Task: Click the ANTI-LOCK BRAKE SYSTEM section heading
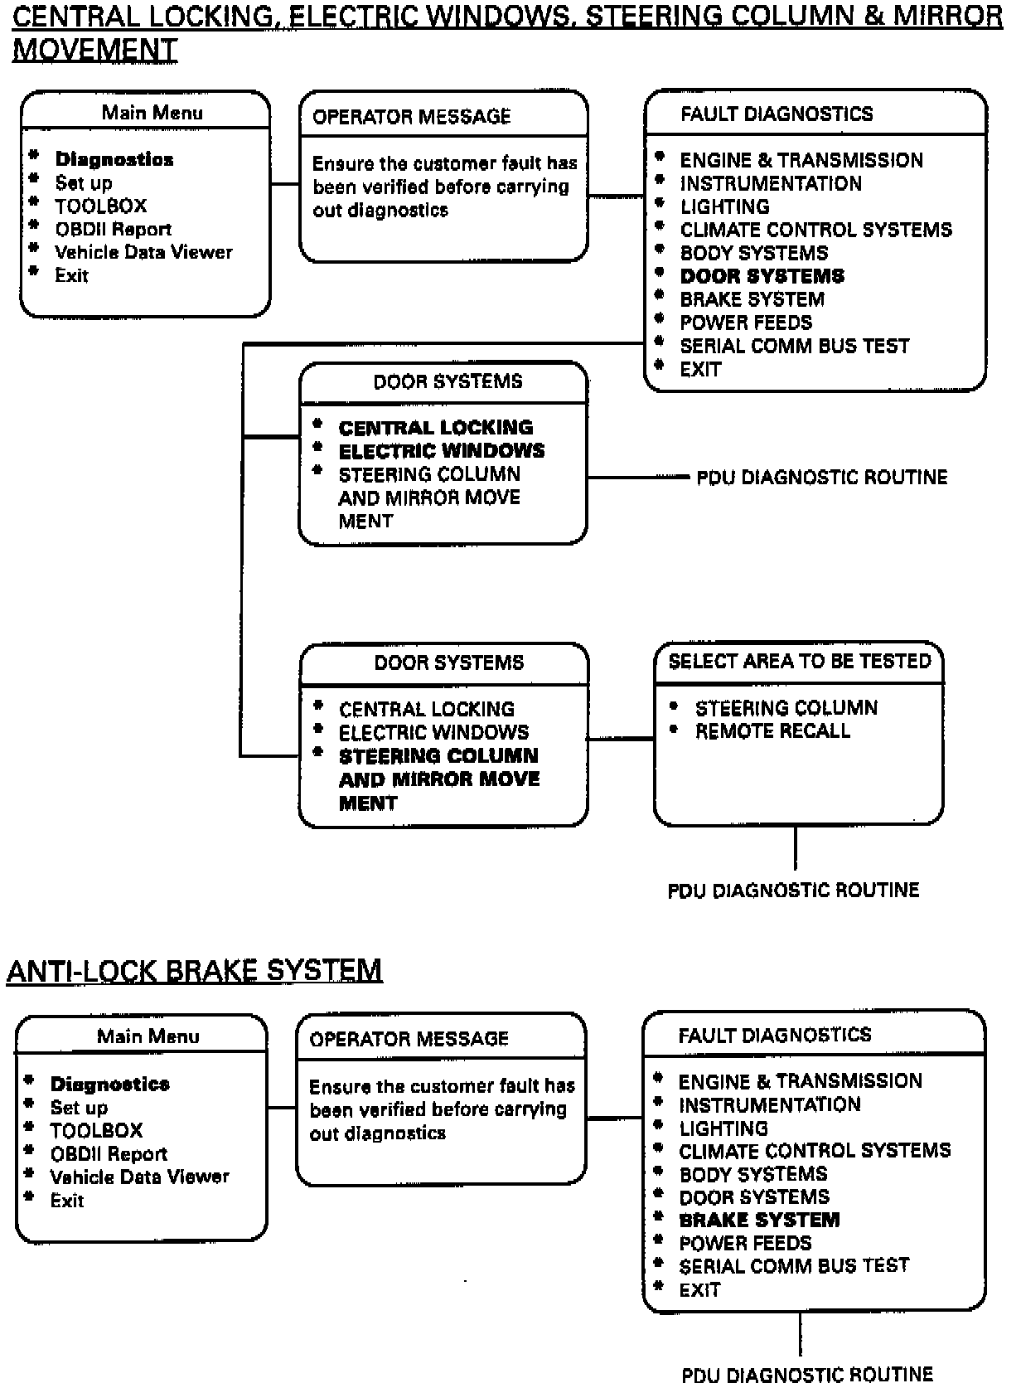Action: [194, 970]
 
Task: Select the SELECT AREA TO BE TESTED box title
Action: [800, 662]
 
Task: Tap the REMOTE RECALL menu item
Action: [772, 731]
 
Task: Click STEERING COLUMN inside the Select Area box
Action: [786, 708]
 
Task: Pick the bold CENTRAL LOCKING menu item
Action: [436, 428]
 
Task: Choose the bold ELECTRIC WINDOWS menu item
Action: [442, 451]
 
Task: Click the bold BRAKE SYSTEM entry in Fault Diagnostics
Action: [759, 1220]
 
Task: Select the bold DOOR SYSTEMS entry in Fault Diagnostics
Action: [762, 276]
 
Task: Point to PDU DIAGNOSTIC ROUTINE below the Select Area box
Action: [793, 891]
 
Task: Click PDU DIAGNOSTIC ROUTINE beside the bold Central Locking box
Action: [821, 478]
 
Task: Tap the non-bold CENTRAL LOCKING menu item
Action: [426, 710]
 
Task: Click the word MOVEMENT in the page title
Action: [95, 51]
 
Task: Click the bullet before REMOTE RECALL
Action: [674, 730]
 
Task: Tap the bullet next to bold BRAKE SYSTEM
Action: [659, 1217]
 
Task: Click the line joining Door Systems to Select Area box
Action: [621, 738]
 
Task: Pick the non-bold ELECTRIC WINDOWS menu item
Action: [433, 733]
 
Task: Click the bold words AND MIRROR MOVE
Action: [439, 779]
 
